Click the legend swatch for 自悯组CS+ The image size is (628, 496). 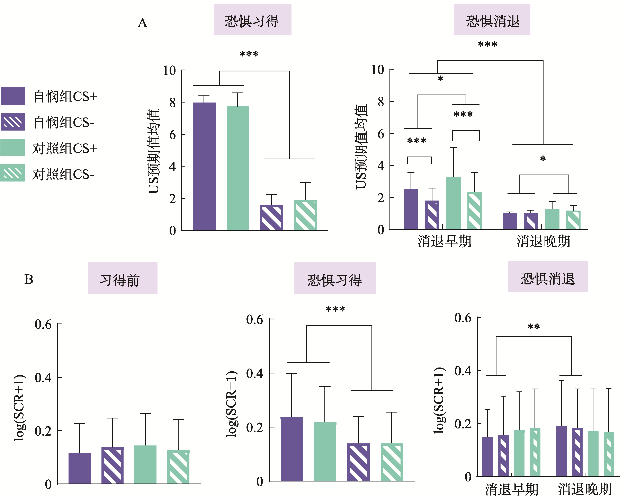pyautogui.click(x=13, y=96)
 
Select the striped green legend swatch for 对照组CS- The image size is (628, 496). pyautogui.click(x=13, y=173)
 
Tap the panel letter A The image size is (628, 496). pyautogui.click(x=142, y=23)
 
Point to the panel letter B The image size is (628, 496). pyautogui.click(x=29, y=279)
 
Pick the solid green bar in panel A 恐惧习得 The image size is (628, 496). pyautogui.click(x=238, y=168)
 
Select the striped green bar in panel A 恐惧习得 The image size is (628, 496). pyautogui.click(x=305, y=215)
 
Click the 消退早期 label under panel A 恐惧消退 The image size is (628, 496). pyautogui.click(x=444, y=241)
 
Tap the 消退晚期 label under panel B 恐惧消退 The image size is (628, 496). pyautogui.click(x=585, y=489)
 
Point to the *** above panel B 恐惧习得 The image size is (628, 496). pyautogui.click(x=335, y=309)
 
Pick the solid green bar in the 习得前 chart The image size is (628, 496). pyautogui.click(x=145, y=465)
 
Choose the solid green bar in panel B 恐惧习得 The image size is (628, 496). pyautogui.click(x=325, y=452)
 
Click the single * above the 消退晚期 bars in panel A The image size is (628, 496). pyautogui.click(x=543, y=159)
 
